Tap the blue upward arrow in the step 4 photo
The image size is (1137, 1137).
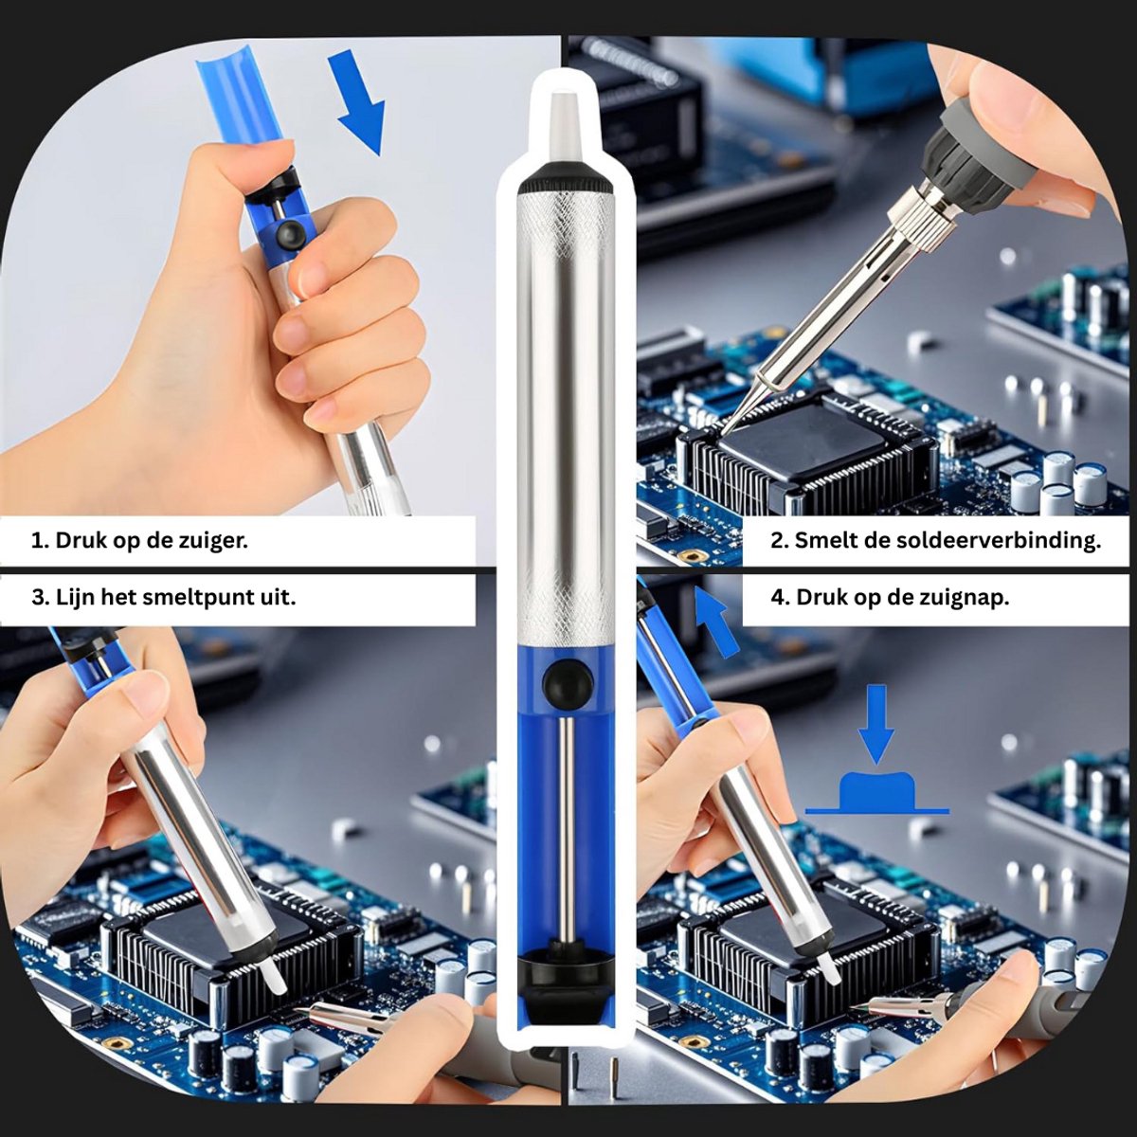(x=716, y=620)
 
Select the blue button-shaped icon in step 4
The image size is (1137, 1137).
(x=877, y=791)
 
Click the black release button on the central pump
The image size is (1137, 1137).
(x=568, y=682)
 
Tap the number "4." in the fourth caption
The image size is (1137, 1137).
(x=781, y=598)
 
